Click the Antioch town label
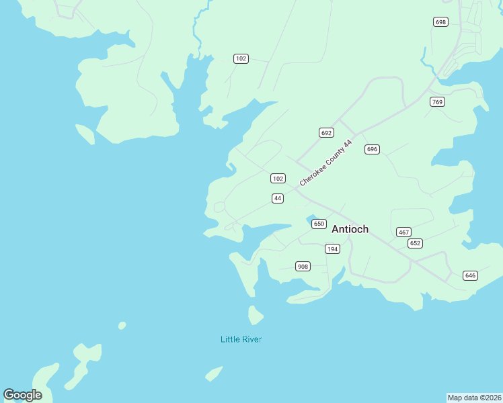[x=350, y=229]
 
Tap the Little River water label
[x=241, y=339]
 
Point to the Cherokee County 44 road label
[x=326, y=163]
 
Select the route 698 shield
[x=440, y=22]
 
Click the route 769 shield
[x=438, y=102]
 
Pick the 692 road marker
[x=326, y=133]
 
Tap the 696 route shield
[x=372, y=149]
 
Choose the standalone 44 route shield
[x=278, y=198]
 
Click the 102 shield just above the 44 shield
[x=278, y=179]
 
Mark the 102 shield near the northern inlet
[x=241, y=59]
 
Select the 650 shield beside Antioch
[x=319, y=224]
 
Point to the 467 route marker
[x=403, y=232]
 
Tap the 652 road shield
[x=415, y=243]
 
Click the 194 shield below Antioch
[x=332, y=249]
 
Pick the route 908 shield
[x=303, y=267]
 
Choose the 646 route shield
[x=470, y=275]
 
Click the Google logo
[x=22, y=395]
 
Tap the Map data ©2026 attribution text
[x=474, y=398]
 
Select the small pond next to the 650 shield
[x=311, y=219]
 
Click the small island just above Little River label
[x=255, y=314]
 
